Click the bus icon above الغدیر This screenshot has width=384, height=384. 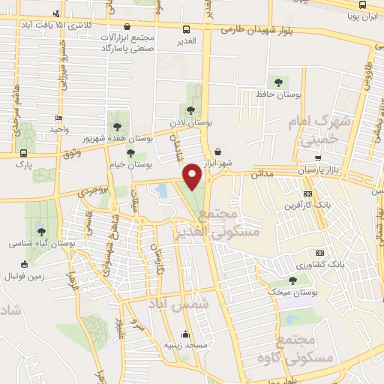(x=186, y=29)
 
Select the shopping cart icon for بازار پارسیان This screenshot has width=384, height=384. (x=319, y=159)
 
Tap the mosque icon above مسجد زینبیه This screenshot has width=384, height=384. (x=186, y=334)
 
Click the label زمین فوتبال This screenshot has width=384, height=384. (x=25, y=276)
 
